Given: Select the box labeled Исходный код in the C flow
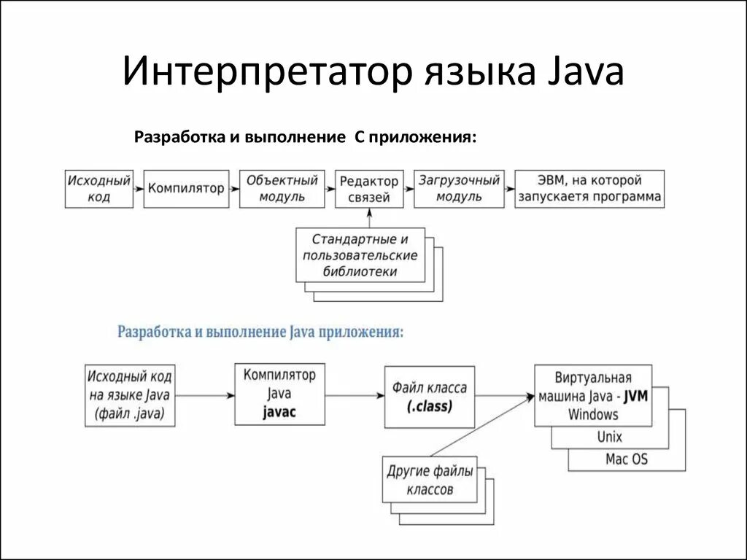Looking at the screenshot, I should coord(99,189).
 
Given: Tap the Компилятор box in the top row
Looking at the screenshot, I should coord(186,189).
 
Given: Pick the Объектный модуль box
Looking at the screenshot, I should coord(282,189).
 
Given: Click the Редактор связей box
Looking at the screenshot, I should coord(369,189).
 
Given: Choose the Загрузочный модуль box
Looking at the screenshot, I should coord(460,189).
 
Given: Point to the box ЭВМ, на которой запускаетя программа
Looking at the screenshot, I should coord(589,189).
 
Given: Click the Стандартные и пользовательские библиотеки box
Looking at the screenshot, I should coord(360,255).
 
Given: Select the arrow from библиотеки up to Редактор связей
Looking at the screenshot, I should coord(370,218).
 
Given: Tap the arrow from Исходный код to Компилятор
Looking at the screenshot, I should coord(139,189).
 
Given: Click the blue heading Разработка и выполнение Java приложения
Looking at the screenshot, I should coord(260,332).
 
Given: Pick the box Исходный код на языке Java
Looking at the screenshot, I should coord(130,395).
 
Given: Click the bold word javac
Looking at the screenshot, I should coord(279,413).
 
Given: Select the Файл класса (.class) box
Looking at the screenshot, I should coord(429,397).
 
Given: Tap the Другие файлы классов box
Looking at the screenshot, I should coord(430,481).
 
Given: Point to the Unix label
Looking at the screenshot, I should coord(609,437).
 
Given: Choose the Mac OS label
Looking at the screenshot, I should coord(626,459).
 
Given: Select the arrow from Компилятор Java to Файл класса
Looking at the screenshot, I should coord(355,396).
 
